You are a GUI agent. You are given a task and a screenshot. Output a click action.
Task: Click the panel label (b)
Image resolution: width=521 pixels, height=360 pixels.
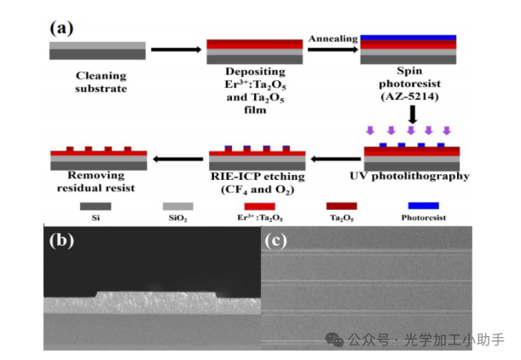coord(61,241)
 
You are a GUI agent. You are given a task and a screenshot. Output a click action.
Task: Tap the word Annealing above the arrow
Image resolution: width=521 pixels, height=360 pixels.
coord(333,39)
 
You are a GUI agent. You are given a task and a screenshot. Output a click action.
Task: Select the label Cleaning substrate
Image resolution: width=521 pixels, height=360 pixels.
coord(101,81)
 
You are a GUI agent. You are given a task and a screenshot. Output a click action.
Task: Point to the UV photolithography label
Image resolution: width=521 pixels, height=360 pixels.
coord(413,177)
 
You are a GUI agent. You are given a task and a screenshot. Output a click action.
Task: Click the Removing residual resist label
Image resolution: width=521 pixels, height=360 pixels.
coord(100,180)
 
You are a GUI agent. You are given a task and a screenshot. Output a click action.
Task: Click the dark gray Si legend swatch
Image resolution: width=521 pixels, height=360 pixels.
coord(96,206)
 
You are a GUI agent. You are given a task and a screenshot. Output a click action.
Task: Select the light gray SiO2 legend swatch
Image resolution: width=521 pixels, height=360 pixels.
coord(177,206)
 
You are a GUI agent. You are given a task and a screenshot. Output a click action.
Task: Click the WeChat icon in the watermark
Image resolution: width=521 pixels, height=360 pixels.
coord(335,339)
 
